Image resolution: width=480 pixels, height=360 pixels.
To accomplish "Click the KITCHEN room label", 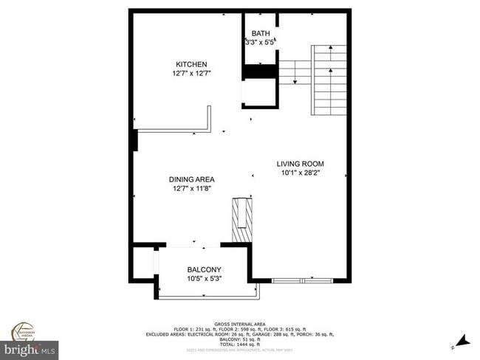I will [191, 63].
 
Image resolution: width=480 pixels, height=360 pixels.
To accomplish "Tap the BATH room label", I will [261, 33].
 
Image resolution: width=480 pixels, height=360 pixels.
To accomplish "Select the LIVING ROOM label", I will [300, 164].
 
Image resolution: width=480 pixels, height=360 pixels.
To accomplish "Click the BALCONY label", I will [204, 269].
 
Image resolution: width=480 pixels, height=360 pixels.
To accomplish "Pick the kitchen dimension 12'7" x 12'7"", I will [191, 73].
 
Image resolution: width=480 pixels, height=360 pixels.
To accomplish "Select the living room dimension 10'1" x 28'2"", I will [300, 173].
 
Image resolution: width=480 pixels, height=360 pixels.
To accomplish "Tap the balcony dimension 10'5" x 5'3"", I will [204, 278].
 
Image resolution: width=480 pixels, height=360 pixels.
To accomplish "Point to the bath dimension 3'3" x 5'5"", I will [260, 43].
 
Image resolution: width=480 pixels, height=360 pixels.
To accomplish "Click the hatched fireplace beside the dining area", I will [241, 219].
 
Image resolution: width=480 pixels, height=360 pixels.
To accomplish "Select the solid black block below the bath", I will [260, 71].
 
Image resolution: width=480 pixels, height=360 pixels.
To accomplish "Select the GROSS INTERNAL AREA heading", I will [239, 324].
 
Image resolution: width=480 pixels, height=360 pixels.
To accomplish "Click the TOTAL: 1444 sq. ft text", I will [239, 345].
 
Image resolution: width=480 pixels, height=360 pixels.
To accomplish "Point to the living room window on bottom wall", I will [303, 280].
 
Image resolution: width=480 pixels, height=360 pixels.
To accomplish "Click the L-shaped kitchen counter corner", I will [210, 130].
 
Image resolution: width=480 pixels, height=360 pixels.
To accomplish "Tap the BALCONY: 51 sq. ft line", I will [239, 340].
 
